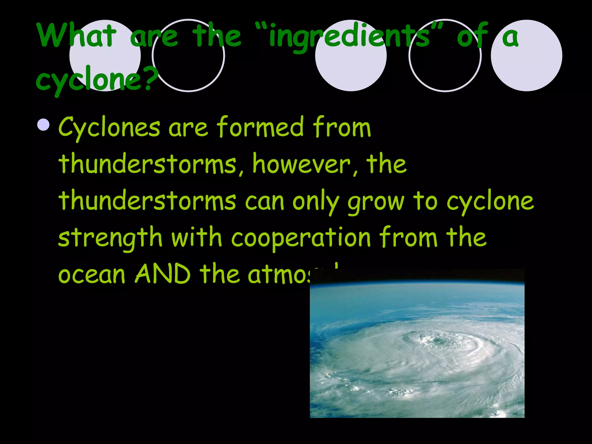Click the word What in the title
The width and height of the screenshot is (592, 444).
76,35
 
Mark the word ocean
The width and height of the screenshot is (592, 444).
92,275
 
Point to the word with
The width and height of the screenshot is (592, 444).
197,238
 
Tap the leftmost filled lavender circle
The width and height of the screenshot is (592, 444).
105,55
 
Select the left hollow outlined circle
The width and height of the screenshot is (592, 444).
188,55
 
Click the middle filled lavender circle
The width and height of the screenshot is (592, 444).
351,55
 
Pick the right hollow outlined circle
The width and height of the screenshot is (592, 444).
445,55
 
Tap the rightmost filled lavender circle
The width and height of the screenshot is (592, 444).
526,55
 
